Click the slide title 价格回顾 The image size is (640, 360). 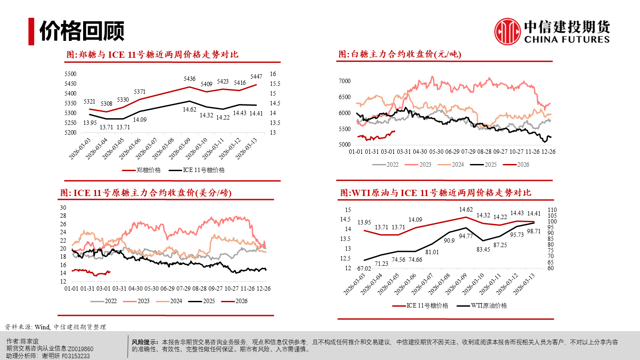point(82,31)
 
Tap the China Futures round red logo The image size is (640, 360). point(508,31)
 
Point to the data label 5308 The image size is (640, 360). point(106,104)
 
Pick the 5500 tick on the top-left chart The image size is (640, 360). point(71,74)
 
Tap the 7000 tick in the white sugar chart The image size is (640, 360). point(345,81)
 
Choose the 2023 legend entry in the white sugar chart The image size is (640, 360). point(425,164)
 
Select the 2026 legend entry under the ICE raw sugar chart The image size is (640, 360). point(241,301)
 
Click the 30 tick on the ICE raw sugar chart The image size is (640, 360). point(63,208)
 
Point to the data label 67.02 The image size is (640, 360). point(364,268)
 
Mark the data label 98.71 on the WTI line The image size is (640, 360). point(533,232)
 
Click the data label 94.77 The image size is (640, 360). point(465,236)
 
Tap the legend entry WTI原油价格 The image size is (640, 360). point(488,305)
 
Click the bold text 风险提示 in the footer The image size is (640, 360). point(145,342)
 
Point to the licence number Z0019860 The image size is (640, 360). point(80,349)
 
